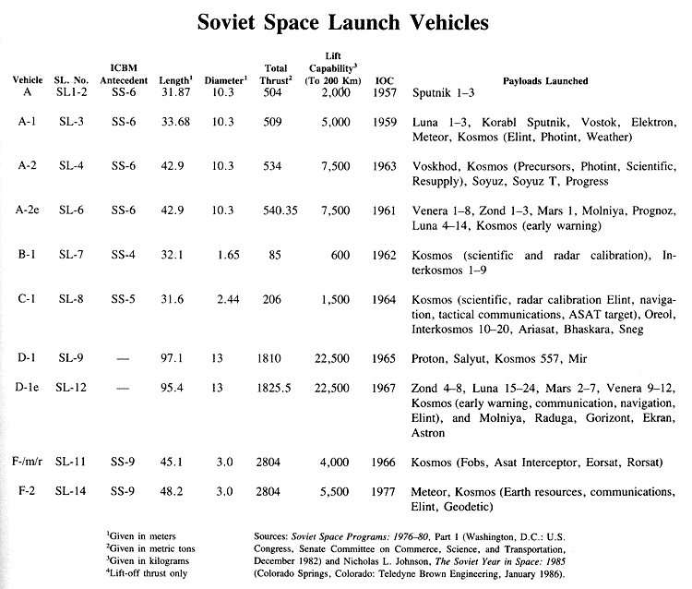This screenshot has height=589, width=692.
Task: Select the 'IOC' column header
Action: pos(383,80)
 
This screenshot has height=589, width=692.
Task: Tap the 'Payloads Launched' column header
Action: pos(545,80)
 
